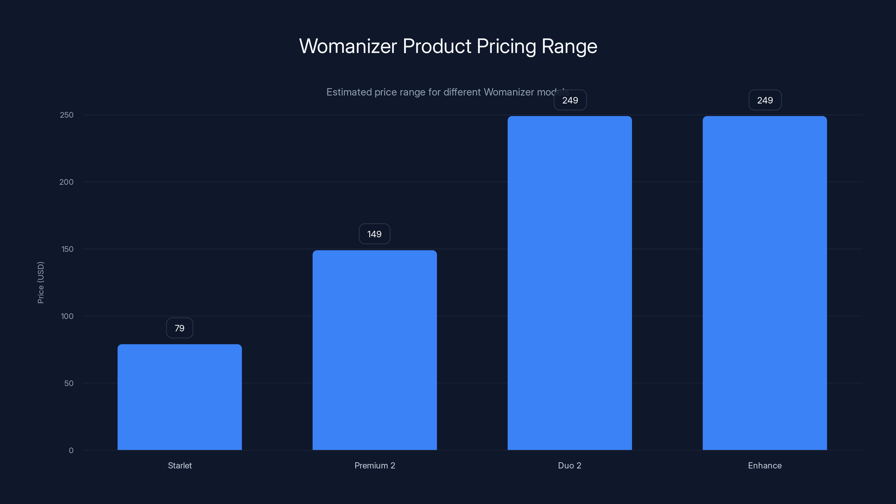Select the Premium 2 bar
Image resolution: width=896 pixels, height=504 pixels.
click(x=375, y=350)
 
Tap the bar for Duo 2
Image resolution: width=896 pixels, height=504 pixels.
click(x=570, y=283)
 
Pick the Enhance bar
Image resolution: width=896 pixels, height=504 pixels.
click(x=764, y=283)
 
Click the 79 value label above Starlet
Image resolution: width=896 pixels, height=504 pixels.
click(x=179, y=328)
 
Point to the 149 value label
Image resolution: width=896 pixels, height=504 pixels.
click(x=374, y=234)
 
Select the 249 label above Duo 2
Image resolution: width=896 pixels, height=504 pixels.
click(x=570, y=101)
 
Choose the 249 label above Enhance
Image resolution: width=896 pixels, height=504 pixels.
click(x=765, y=101)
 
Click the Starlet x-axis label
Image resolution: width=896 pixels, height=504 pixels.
click(x=179, y=465)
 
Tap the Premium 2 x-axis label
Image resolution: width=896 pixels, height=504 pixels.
click(x=375, y=465)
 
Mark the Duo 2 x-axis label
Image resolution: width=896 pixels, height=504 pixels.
click(x=570, y=465)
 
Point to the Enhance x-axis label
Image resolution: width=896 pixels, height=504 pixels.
click(x=764, y=465)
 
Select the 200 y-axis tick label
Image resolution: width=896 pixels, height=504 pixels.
click(x=66, y=182)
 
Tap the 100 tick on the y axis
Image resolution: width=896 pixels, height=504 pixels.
click(x=67, y=316)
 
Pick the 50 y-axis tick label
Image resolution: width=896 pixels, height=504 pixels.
click(x=69, y=383)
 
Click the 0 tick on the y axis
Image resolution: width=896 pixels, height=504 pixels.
click(x=71, y=451)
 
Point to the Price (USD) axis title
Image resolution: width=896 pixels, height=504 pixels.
click(x=41, y=283)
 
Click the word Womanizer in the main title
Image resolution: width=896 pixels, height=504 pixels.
click(x=348, y=46)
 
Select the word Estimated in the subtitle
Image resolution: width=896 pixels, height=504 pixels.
click(x=349, y=92)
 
